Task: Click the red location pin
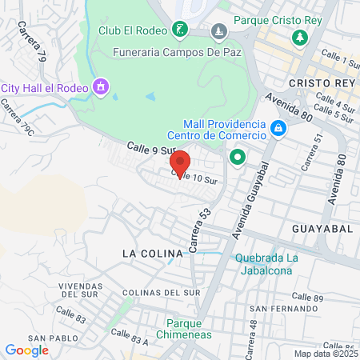181,164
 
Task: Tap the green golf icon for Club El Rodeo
180,30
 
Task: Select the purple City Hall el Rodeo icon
101,86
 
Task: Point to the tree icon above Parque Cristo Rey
300,37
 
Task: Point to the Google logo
27,350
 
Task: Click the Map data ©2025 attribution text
325,354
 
